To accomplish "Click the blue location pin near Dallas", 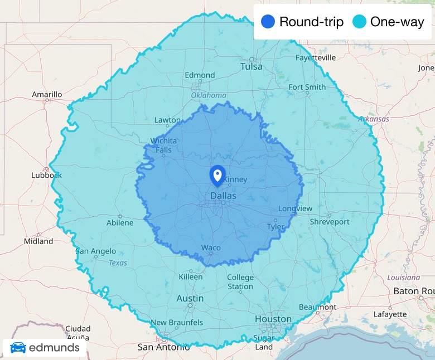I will (217, 174).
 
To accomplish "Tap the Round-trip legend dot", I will (268, 22).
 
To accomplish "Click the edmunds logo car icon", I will (18, 348).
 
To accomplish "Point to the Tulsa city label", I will (251, 67).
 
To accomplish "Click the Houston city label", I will (273, 319).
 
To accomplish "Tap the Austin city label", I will (190, 298).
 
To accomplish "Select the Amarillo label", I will (47, 94).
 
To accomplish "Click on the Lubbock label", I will (47, 175).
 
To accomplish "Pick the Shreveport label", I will (330, 222).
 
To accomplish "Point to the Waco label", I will (211, 247).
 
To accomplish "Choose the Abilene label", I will (120, 222).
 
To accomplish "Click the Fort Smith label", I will (307, 87).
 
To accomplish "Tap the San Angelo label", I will (96, 251).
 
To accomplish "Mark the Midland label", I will (38, 241).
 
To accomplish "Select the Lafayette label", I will (390, 314).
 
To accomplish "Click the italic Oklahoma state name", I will (209, 95).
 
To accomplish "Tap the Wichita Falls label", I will (163, 145).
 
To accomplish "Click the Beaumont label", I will (317, 307).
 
